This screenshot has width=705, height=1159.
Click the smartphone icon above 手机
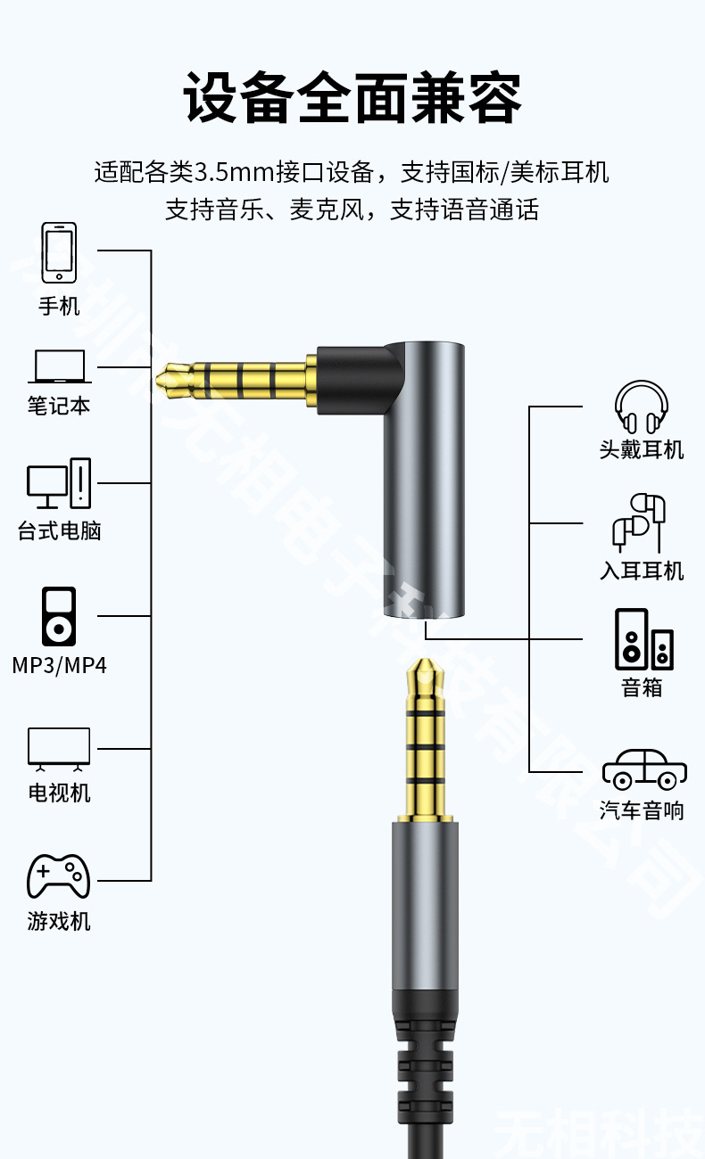[x=59, y=252]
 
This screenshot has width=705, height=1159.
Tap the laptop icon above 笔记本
[x=59, y=367]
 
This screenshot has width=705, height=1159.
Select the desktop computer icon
[x=59, y=482]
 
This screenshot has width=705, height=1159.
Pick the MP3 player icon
[x=59, y=615]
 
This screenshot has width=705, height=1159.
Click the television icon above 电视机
[x=59, y=747]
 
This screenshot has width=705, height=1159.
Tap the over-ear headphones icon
[x=642, y=407]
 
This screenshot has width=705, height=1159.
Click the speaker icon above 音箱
[x=643, y=639]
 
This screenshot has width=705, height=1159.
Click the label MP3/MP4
[x=59, y=665]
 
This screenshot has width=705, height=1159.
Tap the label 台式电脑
[x=59, y=531]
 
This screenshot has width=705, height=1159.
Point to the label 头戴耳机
[x=642, y=449]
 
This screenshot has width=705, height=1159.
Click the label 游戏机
[x=59, y=921]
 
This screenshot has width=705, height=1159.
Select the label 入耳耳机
[x=642, y=571]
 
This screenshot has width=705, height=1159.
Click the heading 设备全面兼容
[x=352, y=98]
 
